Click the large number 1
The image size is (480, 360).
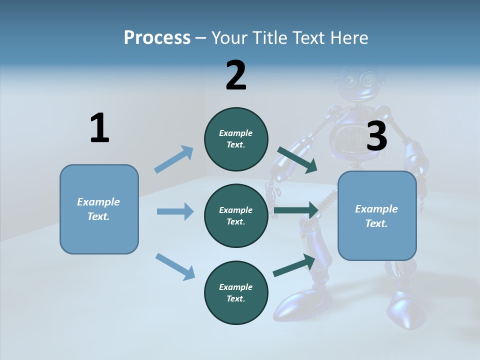pos(99,128)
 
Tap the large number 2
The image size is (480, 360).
pos(236,75)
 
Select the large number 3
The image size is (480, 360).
pos(377,136)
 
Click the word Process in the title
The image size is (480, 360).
pos(157,37)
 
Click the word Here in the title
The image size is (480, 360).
pos(349,37)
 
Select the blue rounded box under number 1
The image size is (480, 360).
pos(99,209)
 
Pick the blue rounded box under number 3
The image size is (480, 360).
pos(377,216)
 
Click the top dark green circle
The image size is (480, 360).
pos(236,139)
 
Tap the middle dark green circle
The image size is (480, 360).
pos(236,215)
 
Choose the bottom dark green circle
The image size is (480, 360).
pos(236,292)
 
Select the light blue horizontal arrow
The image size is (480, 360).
pos(175,211)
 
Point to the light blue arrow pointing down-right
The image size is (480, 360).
pos(175,266)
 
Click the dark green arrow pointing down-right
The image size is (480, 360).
pos(297,159)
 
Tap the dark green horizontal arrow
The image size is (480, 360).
pos(296,210)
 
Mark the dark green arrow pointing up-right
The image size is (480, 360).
pos(294,265)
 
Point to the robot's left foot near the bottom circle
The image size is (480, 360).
pos(295,305)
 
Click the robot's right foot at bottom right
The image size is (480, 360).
pos(407,312)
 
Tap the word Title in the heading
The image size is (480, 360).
pos(273,37)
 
